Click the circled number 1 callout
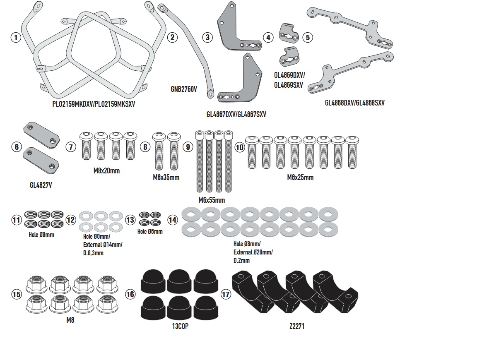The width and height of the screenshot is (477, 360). point(16,38)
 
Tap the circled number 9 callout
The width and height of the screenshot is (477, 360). point(188,146)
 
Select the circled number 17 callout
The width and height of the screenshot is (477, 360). point(226,294)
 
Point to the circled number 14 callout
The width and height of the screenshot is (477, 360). point(173,220)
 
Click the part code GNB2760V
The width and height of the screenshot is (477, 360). point(183,89)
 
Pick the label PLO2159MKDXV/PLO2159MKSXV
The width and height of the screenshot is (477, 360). point(93,104)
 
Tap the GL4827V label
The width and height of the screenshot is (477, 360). point(41,185)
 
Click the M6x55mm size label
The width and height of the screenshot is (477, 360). point(211,200)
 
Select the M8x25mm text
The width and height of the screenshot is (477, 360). point(300,178)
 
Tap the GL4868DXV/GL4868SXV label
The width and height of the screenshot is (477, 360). point(354,103)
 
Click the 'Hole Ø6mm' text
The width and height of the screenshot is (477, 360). point(150,232)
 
